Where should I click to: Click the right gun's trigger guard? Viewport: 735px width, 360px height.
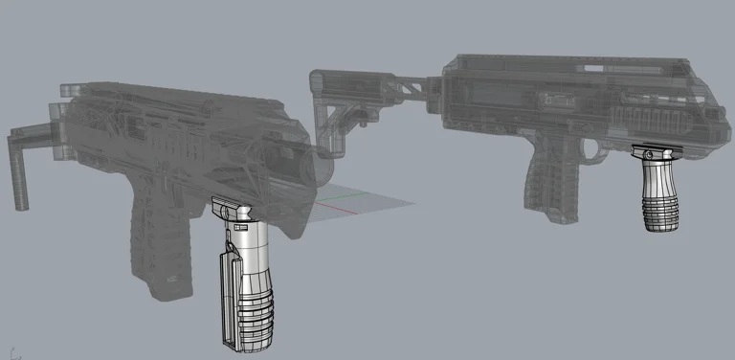[599, 150]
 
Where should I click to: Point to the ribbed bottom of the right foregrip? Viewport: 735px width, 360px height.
[659, 215]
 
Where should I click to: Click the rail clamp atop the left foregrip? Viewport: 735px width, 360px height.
[231, 206]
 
